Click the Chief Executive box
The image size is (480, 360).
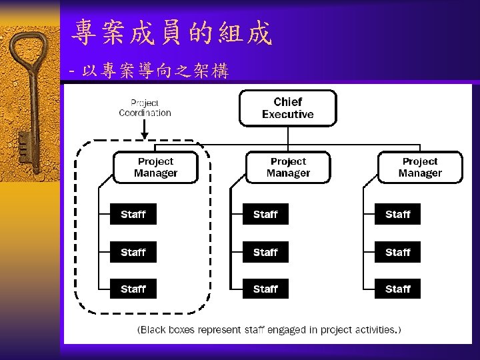point(287,108)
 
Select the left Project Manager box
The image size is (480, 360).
point(155,167)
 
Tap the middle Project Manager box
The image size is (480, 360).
point(288,167)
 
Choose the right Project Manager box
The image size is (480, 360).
point(420,167)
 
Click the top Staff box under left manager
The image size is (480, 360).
point(133,215)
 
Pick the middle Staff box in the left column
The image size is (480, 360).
point(133,253)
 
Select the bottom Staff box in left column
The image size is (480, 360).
point(133,289)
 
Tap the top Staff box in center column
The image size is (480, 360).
point(265,215)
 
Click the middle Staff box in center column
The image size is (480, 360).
point(265,253)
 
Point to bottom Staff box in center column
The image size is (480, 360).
point(265,289)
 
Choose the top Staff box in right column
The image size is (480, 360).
point(397,215)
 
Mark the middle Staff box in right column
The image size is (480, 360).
point(397,253)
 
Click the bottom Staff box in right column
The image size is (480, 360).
point(397,289)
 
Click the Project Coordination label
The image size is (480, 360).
point(145,108)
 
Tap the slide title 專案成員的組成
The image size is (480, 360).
point(173,33)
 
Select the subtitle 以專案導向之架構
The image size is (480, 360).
point(155,71)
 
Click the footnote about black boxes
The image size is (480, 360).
point(269,329)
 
